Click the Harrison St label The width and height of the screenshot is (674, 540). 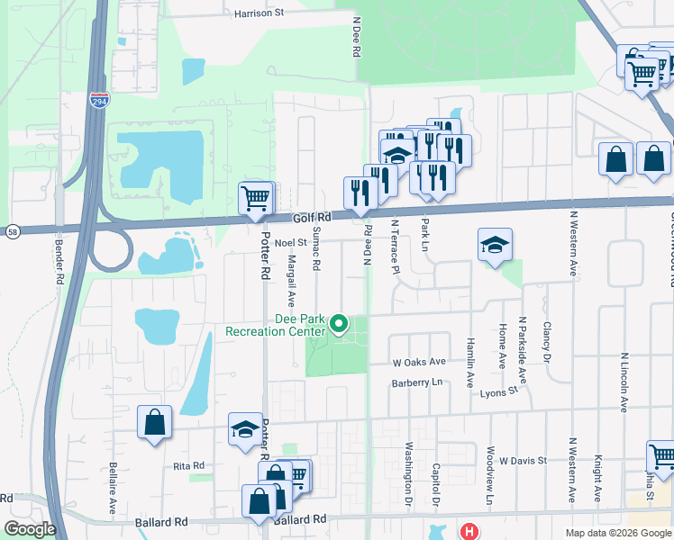[259, 13]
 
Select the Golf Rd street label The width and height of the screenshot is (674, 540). [312, 218]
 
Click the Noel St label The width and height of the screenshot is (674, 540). [291, 242]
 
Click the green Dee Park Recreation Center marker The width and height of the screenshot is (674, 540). [340, 322]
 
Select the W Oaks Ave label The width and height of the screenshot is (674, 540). [419, 362]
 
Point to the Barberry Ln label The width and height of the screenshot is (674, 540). [418, 382]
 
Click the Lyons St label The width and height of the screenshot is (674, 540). [499, 391]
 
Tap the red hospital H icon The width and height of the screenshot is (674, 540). [469, 531]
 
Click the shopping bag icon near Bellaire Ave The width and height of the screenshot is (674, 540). [154, 421]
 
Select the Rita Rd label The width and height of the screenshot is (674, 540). [189, 465]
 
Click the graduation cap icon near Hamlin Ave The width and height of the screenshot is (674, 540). [495, 245]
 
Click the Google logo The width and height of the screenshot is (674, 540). [30, 529]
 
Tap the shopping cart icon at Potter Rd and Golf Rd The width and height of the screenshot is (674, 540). [255, 197]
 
